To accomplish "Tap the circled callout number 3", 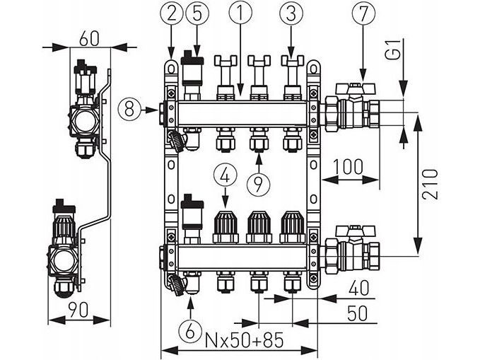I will (x=288, y=13).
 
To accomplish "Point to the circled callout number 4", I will (x=226, y=174).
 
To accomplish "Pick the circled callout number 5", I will (x=196, y=13).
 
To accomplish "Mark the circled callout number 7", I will (x=363, y=13).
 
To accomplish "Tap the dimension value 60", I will (x=89, y=37).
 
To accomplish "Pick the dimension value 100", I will (x=348, y=168).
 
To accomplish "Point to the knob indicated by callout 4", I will (x=226, y=226).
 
